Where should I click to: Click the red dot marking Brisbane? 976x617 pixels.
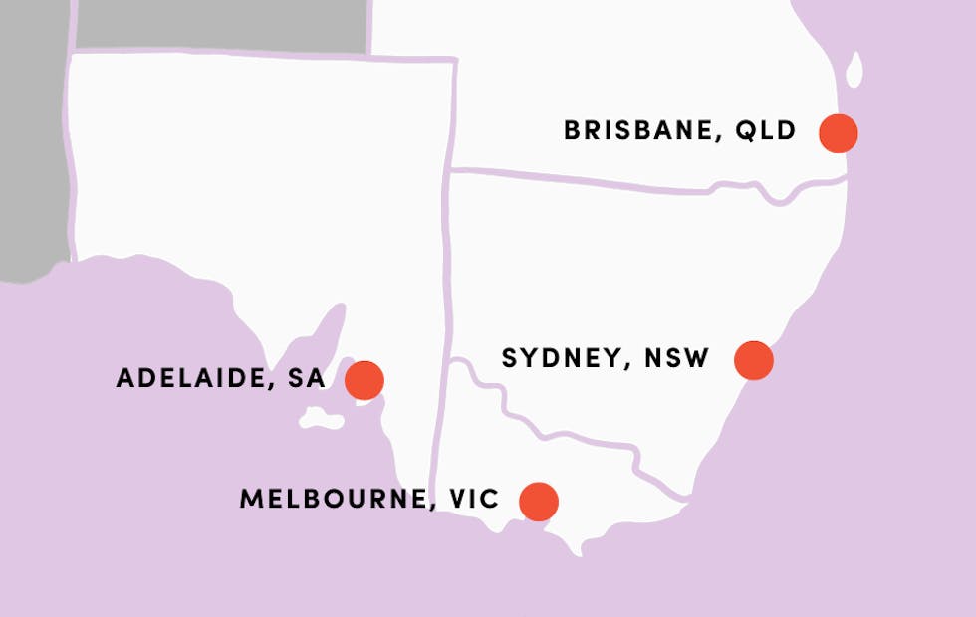point(839,132)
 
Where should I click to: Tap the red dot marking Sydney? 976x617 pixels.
point(754,359)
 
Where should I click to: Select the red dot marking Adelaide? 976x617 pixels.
point(365,379)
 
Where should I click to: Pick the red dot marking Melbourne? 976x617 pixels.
point(539,501)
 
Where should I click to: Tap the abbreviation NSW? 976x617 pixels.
point(676,358)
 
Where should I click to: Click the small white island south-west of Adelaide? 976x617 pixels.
point(321,419)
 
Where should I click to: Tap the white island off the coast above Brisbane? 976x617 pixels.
point(854,70)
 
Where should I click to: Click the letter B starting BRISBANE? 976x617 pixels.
point(573,131)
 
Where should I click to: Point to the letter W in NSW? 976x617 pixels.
point(696,358)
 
